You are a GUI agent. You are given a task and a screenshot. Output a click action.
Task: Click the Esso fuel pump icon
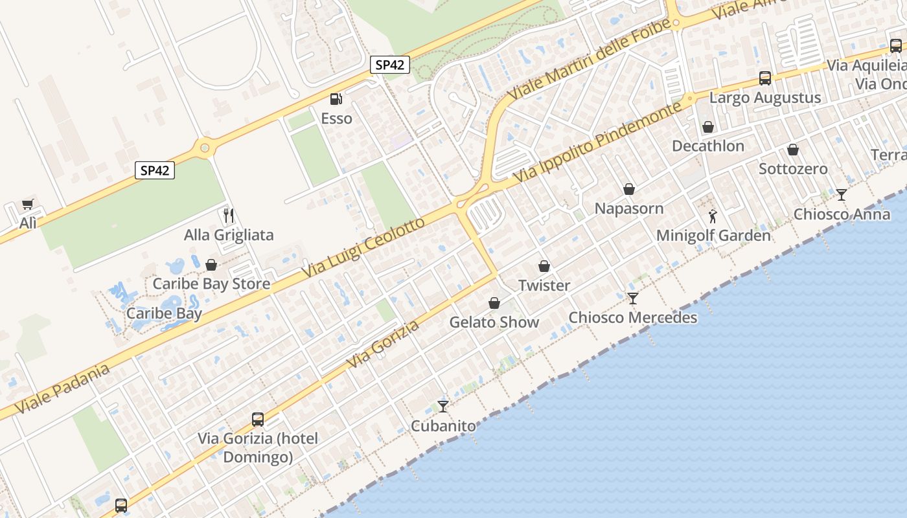336,99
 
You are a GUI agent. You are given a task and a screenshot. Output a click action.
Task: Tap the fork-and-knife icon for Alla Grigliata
228,215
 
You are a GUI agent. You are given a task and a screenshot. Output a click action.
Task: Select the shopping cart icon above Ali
27,205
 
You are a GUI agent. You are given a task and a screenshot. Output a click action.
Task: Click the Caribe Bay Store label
211,284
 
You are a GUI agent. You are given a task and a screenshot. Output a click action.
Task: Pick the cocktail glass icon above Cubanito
443,407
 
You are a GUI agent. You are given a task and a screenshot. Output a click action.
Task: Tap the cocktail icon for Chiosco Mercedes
633,298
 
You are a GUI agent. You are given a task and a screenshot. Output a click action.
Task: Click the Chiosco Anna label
842,214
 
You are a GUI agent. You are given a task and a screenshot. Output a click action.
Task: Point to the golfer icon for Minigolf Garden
713,216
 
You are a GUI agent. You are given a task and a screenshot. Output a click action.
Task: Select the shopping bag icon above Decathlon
708,127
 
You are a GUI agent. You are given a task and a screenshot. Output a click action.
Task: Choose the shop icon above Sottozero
793,150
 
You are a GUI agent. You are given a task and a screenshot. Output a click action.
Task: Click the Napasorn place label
629,208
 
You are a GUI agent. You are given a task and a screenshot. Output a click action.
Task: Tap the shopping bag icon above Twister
544,266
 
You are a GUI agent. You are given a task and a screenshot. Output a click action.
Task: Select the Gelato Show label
494,322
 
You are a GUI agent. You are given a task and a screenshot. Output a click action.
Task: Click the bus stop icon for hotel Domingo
258,420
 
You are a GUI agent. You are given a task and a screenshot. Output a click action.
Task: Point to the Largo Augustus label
765,98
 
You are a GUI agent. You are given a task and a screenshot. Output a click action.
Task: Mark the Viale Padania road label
62,388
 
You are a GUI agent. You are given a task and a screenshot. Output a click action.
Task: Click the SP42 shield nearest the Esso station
390,65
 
